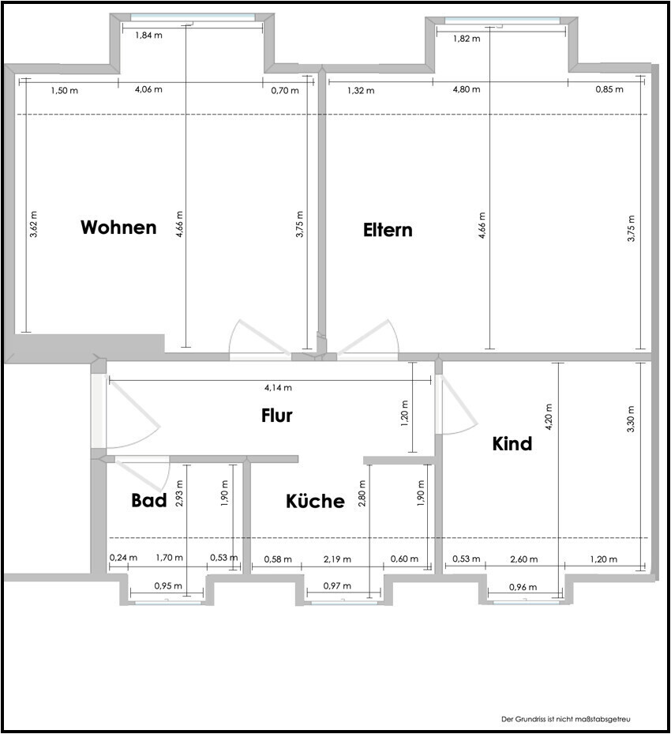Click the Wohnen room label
click(x=118, y=227)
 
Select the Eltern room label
click(x=388, y=230)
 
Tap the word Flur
click(x=277, y=416)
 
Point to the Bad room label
click(x=148, y=500)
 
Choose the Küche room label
click(x=315, y=501)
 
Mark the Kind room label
click(x=512, y=443)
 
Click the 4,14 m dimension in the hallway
click(x=278, y=388)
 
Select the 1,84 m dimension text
click(x=148, y=35)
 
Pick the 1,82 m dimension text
click(x=467, y=39)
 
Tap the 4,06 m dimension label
click(x=148, y=89)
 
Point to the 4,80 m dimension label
click(x=467, y=89)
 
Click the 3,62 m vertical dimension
click(x=34, y=224)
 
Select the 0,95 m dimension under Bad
click(x=168, y=585)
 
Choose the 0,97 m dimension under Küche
click(x=337, y=585)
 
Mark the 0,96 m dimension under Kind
click(x=523, y=587)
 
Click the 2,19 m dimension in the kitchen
click(x=337, y=559)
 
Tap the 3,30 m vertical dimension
click(x=631, y=419)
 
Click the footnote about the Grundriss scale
click(x=566, y=719)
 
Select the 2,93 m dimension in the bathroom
click(x=179, y=493)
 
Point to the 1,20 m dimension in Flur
click(x=405, y=412)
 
